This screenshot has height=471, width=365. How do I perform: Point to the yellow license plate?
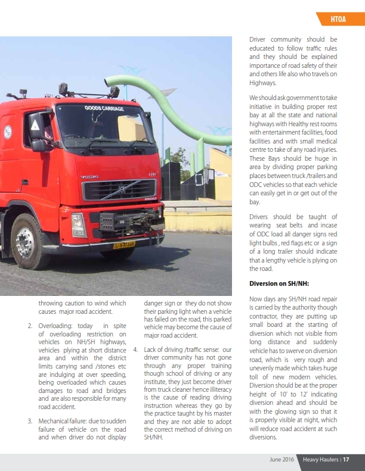click(x=125, y=244)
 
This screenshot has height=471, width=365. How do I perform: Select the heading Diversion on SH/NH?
click(x=279, y=283)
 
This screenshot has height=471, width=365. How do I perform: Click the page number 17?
click(x=345, y=459)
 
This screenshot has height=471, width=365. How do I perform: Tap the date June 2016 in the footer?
click(x=283, y=459)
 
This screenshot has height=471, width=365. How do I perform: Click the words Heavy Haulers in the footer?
click(x=320, y=459)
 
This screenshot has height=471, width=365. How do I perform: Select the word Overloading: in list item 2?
click(x=56, y=326)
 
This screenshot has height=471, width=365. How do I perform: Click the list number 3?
click(x=30, y=421)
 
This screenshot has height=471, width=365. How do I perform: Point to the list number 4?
click(x=136, y=349)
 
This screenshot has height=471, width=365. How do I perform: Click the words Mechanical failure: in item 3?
click(x=64, y=421)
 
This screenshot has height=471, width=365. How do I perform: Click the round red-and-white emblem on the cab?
click(x=7, y=132)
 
